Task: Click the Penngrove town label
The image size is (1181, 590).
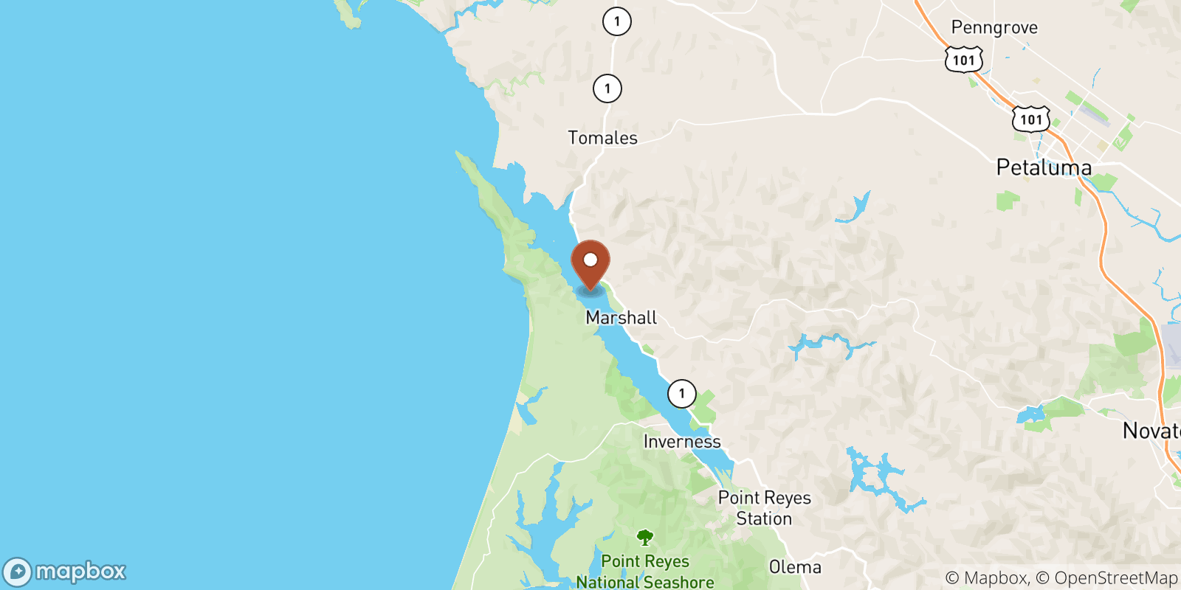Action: pyautogui.click(x=994, y=28)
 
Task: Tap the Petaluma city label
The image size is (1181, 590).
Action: pyautogui.click(x=1044, y=167)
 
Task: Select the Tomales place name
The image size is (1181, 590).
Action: pyautogui.click(x=602, y=138)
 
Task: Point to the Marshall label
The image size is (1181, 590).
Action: pyautogui.click(x=621, y=318)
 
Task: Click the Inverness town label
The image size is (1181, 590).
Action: pyautogui.click(x=682, y=442)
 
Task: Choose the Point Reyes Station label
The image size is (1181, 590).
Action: pyautogui.click(x=764, y=508)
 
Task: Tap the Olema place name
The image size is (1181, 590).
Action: pyautogui.click(x=795, y=567)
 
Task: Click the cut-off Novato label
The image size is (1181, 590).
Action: pyautogui.click(x=1151, y=431)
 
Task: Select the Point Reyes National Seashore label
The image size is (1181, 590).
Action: pyautogui.click(x=645, y=572)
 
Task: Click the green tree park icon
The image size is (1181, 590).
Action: pyautogui.click(x=645, y=537)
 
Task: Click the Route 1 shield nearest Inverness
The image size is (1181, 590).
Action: pyautogui.click(x=681, y=394)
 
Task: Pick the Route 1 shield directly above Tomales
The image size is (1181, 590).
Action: pyautogui.click(x=607, y=88)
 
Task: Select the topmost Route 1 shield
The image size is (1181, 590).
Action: pyautogui.click(x=616, y=21)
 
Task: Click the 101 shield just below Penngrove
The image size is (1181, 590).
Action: pyautogui.click(x=964, y=60)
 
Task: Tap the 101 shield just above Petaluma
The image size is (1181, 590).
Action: pyautogui.click(x=1030, y=119)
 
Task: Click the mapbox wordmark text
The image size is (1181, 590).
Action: pyautogui.click(x=80, y=572)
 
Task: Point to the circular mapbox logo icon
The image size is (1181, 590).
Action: pyautogui.click(x=17, y=572)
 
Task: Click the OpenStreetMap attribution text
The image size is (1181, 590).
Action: pyautogui.click(x=1115, y=578)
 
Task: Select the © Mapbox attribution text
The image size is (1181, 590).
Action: pyautogui.click(x=986, y=578)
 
